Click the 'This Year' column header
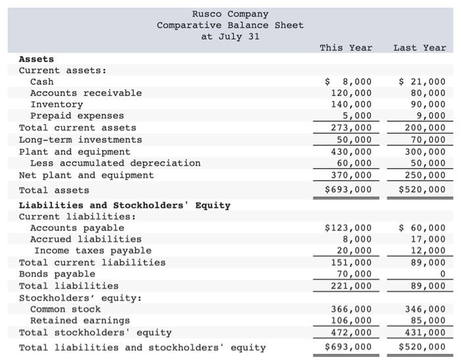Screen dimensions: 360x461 point(346,47)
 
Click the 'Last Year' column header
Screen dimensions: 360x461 point(420,47)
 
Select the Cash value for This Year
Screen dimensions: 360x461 point(349,82)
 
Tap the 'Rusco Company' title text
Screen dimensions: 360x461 point(230,14)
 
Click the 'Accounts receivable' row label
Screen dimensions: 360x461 point(86,93)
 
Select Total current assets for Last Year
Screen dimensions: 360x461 point(425,128)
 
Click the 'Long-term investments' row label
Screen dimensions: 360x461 point(80,140)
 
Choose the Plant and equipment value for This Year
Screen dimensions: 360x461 point(351,151)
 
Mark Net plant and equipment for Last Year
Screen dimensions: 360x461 point(425,175)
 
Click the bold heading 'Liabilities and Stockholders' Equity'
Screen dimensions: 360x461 point(124,205)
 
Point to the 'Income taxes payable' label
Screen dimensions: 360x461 point(93,250)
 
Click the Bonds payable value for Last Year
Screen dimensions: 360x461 point(442,274)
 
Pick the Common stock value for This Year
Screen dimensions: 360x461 point(351,309)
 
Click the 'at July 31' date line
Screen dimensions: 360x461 point(230,36)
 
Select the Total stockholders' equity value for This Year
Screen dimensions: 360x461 point(351,332)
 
